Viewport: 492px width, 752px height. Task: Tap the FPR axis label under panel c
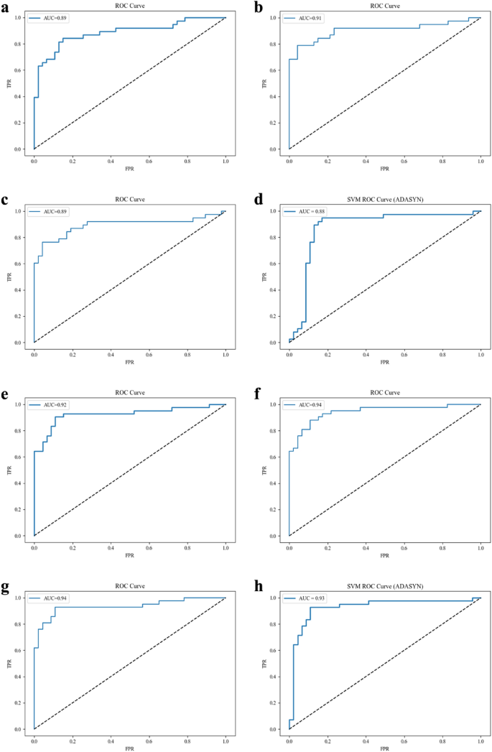[x=129, y=362]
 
